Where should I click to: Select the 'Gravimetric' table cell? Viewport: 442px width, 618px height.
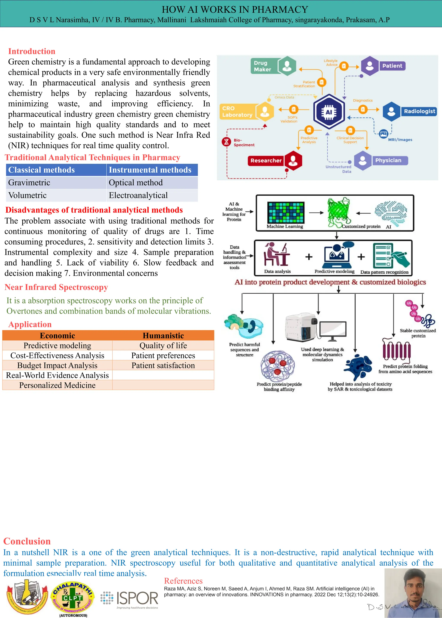pos(29,183)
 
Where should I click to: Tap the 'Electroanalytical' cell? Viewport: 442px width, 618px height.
pos(138,195)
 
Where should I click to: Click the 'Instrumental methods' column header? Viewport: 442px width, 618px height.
pos(150,170)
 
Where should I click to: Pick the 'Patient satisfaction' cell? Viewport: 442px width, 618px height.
pos(163,366)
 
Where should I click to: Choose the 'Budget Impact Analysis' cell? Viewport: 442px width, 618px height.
pos(57,366)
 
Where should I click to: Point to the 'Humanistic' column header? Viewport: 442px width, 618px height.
pos(163,336)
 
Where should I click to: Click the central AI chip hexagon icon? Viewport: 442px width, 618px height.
pos(329,112)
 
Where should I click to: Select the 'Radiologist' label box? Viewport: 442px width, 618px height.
pos(419,111)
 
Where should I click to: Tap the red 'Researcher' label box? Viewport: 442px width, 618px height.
pos(266,161)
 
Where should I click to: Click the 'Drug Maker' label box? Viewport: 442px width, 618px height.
pos(262,66)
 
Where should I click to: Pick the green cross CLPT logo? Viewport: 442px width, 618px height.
pos(72,598)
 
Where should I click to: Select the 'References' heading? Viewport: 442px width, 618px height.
pos(183,581)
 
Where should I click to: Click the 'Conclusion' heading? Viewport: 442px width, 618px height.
pos(27,541)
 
